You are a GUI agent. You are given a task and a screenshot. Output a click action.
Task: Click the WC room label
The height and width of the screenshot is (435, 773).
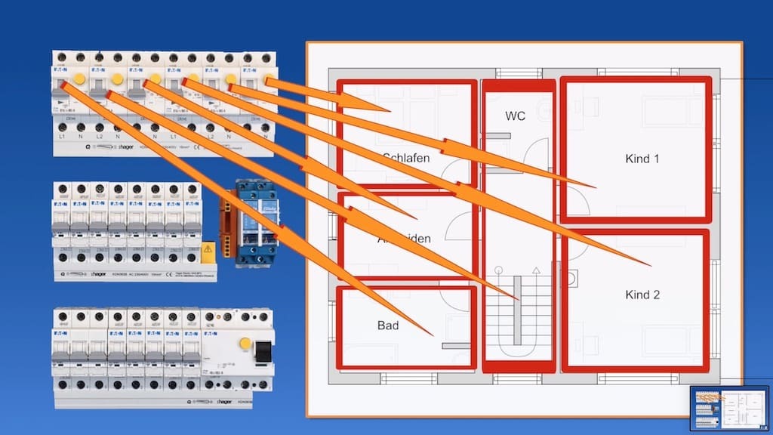click(x=516, y=116)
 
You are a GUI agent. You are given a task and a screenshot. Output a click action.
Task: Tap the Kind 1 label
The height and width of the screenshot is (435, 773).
click(x=642, y=159)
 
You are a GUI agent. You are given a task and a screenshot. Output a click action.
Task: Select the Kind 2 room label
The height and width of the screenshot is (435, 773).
click(x=642, y=295)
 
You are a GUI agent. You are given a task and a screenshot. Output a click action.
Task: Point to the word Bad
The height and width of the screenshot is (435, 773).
click(x=387, y=325)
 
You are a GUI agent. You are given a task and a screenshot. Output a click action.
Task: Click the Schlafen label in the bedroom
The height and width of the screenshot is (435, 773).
click(x=406, y=158)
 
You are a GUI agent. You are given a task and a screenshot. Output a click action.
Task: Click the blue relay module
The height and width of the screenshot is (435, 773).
click(x=257, y=223)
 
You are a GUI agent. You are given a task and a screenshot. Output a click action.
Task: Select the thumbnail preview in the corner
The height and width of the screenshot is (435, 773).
click(x=729, y=409)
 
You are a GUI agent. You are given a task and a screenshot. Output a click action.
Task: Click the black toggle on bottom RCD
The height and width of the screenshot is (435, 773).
click(x=263, y=352)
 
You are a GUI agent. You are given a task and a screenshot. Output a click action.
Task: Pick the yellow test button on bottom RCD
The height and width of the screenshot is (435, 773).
click(x=245, y=344)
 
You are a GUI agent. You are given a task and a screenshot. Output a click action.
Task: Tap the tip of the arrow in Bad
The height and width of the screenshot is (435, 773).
click(x=432, y=335)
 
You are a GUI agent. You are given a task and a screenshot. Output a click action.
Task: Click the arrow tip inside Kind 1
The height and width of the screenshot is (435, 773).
click(x=594, y=187)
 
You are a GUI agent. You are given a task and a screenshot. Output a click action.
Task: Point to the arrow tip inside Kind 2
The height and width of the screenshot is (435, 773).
click(x=649, y=265)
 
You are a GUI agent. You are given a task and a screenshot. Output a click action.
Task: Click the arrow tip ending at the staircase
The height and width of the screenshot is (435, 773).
click(x=518, y=298)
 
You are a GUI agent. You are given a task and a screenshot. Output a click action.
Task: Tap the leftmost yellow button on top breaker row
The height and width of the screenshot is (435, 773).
click(x=79, y=78)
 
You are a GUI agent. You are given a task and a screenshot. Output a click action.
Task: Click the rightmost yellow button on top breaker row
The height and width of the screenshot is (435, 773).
click(x=267, y=79)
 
